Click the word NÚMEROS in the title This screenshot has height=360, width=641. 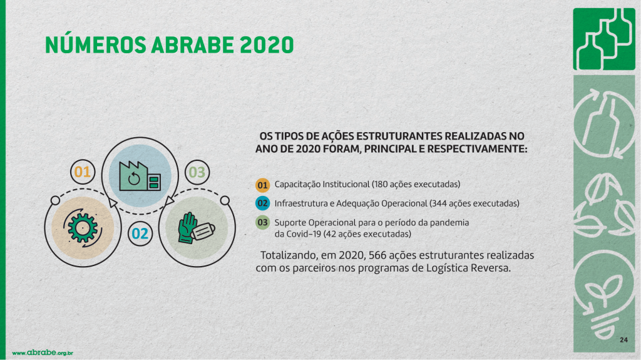pyautogui.click(x=96, y=44)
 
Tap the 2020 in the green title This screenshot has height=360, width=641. pyautogui.click(x=267, y=45)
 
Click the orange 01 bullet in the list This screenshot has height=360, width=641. pyautogui.click(x=262, y=185)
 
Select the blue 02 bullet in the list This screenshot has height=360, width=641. pyautogui.click(x=262, y=203)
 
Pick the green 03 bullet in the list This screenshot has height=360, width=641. pyautogui.click(x=262, y=222)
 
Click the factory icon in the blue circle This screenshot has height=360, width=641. pyautogui.click(x=140, y=176)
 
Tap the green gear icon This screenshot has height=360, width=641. pyautogui.click(x=83, y=227)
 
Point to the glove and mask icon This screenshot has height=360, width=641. pyautogui.click(x=196, y=229)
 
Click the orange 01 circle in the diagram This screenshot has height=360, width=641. pyautogui.click(x=83, y=172)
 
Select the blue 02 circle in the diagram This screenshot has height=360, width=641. pyautogui.click(x=140, y=234)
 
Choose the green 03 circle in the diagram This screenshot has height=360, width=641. pyautogui.click(x=197, y=172)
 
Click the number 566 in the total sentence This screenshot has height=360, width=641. pyautogui.click(x=377, y=255)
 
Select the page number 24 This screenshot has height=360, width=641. pyautogui.click(x=624, y=340)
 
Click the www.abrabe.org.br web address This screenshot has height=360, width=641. pyautogui.click(x=43, y=352)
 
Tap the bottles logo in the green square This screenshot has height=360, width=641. pyautogui.click(x=604, y=39)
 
